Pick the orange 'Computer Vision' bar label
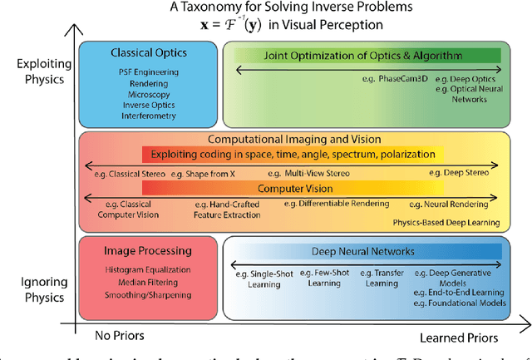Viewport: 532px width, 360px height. click(x=287, y=189)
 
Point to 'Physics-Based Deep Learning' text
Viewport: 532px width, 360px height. click(x=447, y=222)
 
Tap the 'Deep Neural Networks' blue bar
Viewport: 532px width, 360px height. click(x=362, y=250)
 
